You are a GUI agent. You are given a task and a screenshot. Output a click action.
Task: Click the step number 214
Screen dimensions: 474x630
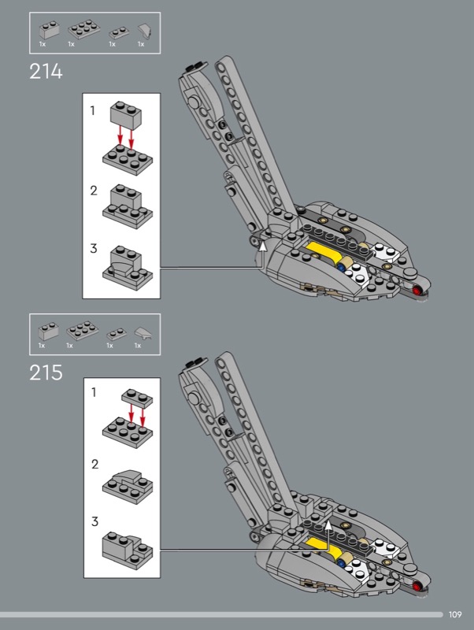46,72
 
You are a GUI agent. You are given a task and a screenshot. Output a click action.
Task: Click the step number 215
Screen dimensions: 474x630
46,372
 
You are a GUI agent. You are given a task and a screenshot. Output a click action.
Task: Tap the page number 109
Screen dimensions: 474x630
455,614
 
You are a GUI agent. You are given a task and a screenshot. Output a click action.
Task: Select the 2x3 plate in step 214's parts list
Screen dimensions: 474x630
84,30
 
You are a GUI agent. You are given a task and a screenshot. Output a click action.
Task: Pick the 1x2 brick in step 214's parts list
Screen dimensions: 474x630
50,31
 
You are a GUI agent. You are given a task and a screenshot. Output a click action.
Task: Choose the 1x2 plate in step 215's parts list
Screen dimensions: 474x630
117,334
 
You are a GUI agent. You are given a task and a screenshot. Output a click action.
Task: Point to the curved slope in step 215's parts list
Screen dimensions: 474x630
143,332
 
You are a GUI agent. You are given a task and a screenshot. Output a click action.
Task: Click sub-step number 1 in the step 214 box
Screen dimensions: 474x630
93,110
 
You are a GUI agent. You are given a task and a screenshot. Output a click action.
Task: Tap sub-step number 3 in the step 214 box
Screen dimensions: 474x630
94,248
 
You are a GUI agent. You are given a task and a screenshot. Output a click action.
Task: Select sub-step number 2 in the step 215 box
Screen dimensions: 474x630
94,465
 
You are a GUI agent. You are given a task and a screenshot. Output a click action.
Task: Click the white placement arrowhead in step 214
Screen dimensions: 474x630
262,246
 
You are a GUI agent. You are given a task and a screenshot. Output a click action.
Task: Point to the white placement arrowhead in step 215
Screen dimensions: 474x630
328,525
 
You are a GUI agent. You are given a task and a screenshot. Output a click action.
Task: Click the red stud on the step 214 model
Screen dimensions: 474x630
417,290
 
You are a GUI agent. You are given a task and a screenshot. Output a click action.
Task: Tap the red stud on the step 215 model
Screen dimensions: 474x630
417,586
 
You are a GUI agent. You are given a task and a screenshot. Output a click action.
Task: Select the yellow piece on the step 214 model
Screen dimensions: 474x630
324,252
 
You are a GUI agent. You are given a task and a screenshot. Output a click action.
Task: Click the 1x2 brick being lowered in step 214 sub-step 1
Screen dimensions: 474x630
126,115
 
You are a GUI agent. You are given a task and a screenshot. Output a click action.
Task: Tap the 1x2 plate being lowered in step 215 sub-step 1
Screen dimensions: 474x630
137,398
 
